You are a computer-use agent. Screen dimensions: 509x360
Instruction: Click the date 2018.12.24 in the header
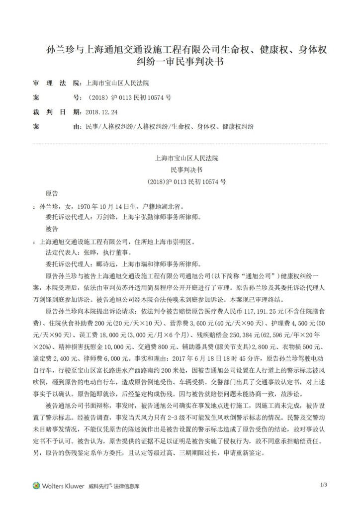pyautogui.click(x=102, y=112)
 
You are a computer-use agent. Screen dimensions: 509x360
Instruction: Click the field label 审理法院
pyautogui.click(x=56, y=82)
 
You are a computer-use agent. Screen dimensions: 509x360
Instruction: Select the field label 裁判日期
pyautogui.click(x=56, y=112)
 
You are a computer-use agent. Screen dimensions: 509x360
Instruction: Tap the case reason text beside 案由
pyautogui.click(x=170, y=127)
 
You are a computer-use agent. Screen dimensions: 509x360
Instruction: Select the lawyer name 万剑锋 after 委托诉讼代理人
pyautogui.click(x=105, y=216)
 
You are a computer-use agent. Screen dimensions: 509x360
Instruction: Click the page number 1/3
pyautogui.click(x=323, y=485)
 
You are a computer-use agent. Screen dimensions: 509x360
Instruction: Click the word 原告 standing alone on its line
pyautogui.click(x=52, y=192)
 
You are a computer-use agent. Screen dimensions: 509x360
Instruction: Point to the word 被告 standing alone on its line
pyautogui.click(x=52, y=228)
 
